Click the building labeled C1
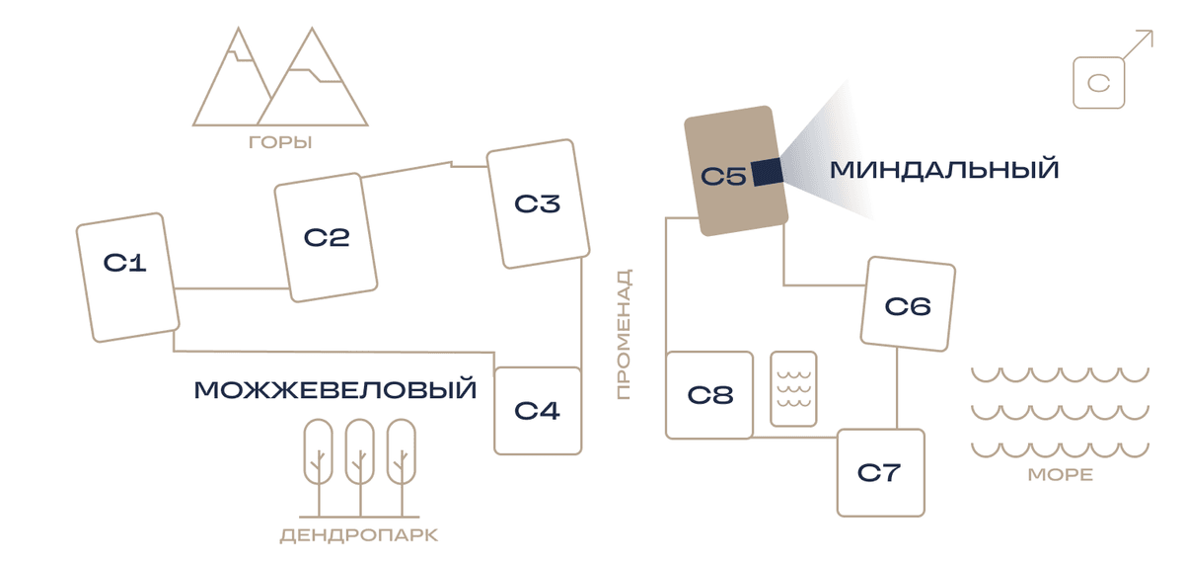click(x=128, y=278)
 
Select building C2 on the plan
click(x=326, y=238)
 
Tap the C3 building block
click(x=538, y=203)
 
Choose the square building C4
click(x=538, y=411)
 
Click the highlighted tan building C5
click(x=736, y=171)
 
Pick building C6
click(x=908, y=304)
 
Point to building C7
click(x=881, y=473)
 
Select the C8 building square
click(x=709, y=395)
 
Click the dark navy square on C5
click(x=768, y=172)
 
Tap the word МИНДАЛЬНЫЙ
click(x=944, y=170)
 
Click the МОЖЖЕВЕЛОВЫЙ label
click(x=335, y=390)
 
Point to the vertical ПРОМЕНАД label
click(x=625, y=334)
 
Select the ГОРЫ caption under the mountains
click(x=280, y=142)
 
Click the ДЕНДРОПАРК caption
click(x=359, y=535)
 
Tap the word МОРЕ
click(x=1061, y=475)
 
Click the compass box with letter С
click(x=1099, y=83)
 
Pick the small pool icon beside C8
click(x=794, y=389)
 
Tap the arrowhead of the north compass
click(x=1148, y=35)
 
